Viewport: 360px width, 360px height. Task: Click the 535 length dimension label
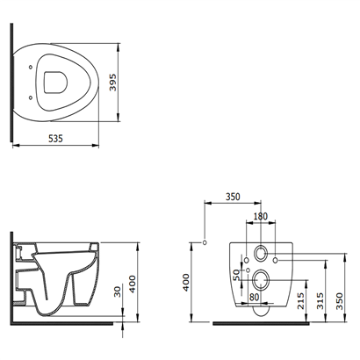[x=55, y=138]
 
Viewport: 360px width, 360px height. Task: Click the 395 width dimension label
[x=112, y=83]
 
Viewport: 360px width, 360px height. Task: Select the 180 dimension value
[x=261, y=216]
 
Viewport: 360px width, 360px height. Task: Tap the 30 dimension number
[x=118, y=292]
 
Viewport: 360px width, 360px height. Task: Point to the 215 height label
[x=301, y=301]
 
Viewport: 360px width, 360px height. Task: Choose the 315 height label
[x=320, y=301]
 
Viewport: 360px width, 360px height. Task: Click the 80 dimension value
[x=255, y=297]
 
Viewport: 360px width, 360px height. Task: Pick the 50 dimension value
[x=236, y=275]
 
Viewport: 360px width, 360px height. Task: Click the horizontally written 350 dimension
[x=233, y=197]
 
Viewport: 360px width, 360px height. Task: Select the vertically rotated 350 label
[x=340, y=301]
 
